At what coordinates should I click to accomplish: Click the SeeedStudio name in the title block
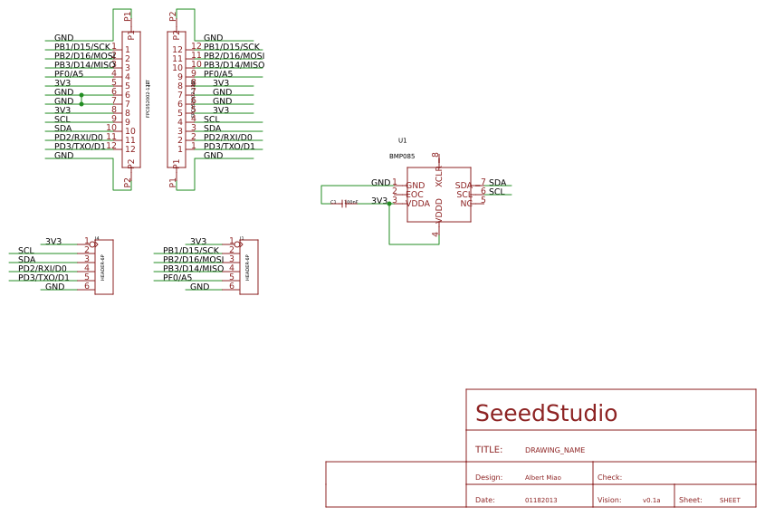(x=546, y=414)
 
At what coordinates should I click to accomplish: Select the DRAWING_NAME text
(x=554, y=450)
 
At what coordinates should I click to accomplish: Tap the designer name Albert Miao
(x=542, y=477)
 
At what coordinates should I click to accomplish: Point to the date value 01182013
(x=540, y=500)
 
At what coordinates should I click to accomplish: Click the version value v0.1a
(x=651, y=500)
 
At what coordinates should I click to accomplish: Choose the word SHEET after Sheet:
(x=730, y=500)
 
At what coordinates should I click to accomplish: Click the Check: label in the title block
(x=609, y=477)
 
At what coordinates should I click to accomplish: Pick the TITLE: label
(x=488, y=450)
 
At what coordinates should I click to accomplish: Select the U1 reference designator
(x=403, y=140)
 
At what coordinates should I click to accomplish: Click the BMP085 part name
(x=402, y=156)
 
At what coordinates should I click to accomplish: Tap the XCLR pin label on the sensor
(x=439, y=176)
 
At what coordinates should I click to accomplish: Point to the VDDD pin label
(x=439, y=210)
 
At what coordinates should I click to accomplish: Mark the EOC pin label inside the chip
(x=415, y=195)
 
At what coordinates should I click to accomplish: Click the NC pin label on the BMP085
(x=465, y=204)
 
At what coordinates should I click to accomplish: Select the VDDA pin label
(x=417, y=204)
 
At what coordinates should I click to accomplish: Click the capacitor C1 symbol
(x=343, y=203)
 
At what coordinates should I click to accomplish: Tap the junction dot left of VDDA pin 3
(x=389, y=204)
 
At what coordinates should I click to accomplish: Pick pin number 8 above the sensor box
(x=435, y=156)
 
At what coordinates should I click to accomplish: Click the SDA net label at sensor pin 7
(x=497, y=183)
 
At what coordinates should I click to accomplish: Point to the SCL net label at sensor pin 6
(x=496, y=192)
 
